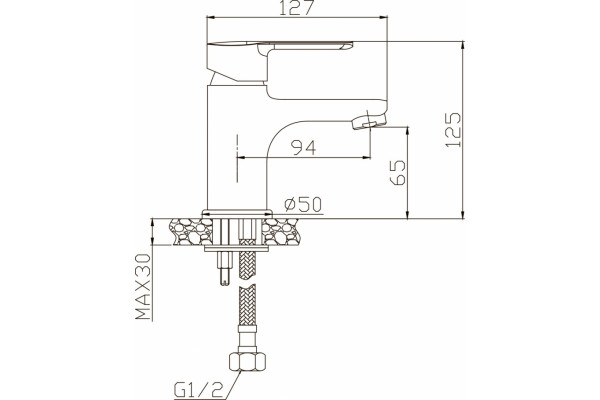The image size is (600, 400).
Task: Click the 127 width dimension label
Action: (x=296, y=8)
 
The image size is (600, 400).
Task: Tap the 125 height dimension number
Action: (x=454, y=130)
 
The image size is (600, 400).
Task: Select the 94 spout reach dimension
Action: (x=304, y=147)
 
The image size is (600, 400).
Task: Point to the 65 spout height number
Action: (x=398, y=173)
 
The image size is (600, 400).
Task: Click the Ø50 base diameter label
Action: (x=303, y=204)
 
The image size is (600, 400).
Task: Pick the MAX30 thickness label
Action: (x=143, y=287)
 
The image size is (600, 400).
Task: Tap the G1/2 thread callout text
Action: (x=198, y=390)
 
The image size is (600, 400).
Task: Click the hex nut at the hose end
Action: (x=247, y=362)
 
